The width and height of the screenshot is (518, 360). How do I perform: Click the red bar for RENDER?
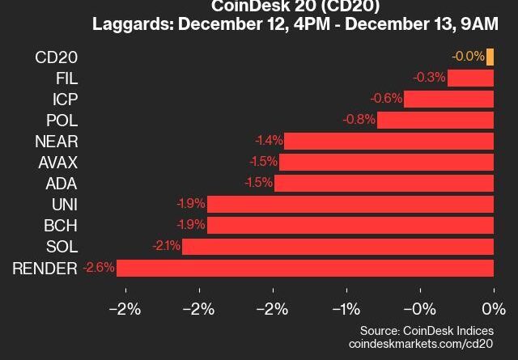pyautogui.click(x=305, y=268)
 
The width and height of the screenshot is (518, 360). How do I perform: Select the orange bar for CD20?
pyautogui.click(x=490, y=57)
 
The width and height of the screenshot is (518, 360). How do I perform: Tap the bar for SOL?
pyautogui.click(x=338, y=246)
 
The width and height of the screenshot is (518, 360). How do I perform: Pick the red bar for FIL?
pyautogui.click(x=470, y=78)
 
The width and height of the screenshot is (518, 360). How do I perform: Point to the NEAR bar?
pyautogui.click(x=388, y=141)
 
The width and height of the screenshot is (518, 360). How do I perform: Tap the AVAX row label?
pyautogui.click(x=58, y=162)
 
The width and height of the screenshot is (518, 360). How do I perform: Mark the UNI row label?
pyautogui.click(x=65, y=204)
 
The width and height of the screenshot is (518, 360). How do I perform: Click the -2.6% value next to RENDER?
pyautogui.click(x=99, y=267)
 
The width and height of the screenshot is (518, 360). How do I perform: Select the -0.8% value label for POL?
pyautogui.click(x=360, y=120)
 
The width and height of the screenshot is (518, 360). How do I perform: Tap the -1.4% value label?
pyautogui.click(x=268, y=141)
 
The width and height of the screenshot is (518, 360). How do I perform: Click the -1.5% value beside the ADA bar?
pyautogui.click(x=258, y=183)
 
